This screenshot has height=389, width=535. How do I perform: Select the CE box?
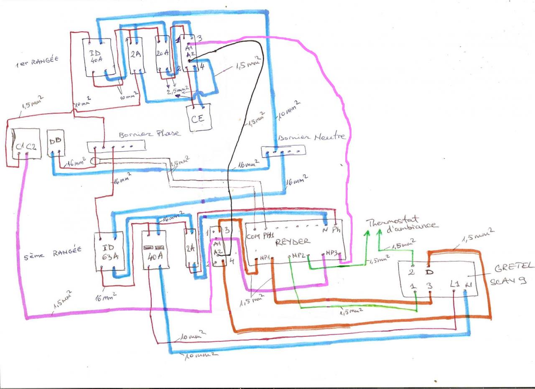click(198, 118)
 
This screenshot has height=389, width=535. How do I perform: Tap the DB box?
click(56, 142)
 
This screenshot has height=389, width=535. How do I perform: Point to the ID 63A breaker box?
click(109, 251)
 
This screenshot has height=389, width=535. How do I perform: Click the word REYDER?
click(293, 241)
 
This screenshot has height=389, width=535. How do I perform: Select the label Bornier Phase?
click(150, 134)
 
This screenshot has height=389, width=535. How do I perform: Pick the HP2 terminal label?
click(298, 255)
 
